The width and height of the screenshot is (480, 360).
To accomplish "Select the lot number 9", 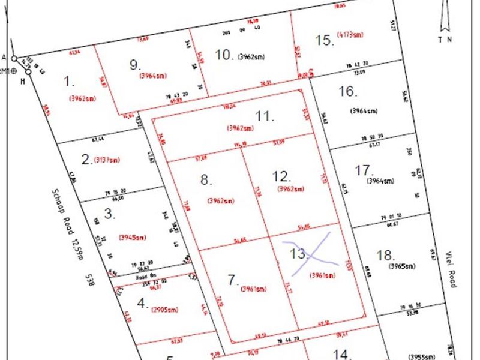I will [x=134, y=65].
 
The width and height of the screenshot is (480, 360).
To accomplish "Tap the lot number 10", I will [x=224, y=55].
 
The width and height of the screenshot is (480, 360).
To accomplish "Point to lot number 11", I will [x=263, y=116].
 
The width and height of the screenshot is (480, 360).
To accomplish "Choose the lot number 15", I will [x=324, y=40].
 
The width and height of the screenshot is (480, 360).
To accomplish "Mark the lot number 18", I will [x=385, y=255].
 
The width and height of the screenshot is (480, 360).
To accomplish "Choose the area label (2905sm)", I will [x=165, y=310].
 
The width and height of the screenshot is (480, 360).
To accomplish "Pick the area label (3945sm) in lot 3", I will [x=133, y=237].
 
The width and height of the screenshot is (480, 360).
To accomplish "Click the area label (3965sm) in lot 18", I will [x=401, y=266].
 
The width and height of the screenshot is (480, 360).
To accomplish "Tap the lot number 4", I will [x=142, y=304].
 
